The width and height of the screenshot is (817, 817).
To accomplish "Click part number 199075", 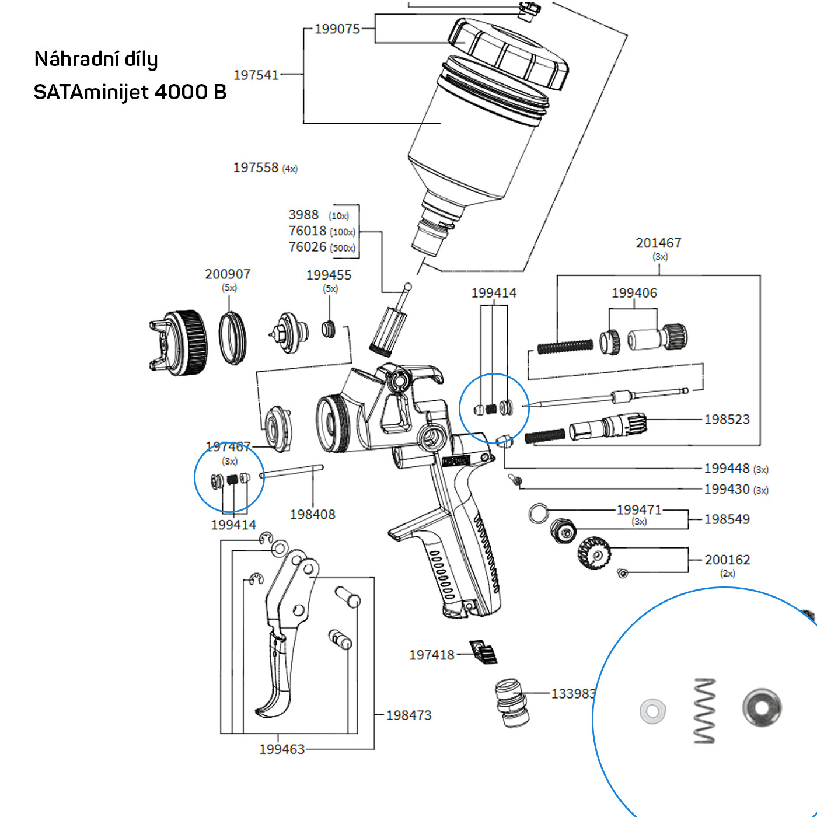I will coord(337,29).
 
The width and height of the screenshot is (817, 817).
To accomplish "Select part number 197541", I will coord(256,75).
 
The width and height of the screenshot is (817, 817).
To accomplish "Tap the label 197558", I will coord(256,167).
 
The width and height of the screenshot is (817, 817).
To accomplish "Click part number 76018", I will coord(308,231).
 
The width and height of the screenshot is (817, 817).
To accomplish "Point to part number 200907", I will coord(228,274).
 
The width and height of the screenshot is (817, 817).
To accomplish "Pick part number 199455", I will coord(329,275).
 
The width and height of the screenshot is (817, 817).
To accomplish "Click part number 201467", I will coord(658,243).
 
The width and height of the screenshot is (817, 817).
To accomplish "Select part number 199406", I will coord(634,293).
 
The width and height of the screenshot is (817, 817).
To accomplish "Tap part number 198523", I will coord(727,419).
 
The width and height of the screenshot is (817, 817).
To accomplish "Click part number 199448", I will coord(727,468).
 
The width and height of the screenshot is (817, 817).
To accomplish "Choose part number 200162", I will coord(727,560).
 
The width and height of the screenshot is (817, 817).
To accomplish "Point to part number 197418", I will coord(431,655).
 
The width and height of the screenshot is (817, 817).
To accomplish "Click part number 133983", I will coord(573,693).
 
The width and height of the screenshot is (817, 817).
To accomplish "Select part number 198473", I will coord(408,715).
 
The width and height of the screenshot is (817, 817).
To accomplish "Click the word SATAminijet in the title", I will coord(90,92).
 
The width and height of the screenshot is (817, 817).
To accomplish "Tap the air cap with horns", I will coord(179,343).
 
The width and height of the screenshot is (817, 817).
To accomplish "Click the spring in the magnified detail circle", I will coord(705,710).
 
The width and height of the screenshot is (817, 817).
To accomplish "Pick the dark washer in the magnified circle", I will coord(762,708).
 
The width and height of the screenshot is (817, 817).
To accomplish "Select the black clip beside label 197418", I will coord(484,652).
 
